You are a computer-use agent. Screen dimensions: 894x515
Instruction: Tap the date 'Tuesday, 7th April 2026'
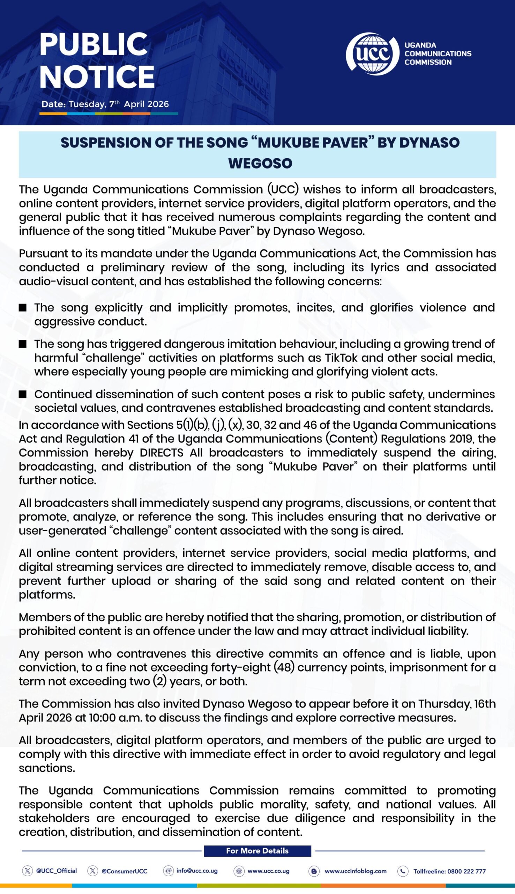119,104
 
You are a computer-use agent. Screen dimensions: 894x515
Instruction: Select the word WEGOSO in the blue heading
260,163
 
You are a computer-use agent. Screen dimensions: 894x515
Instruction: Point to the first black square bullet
23,308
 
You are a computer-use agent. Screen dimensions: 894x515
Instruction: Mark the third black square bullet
23,394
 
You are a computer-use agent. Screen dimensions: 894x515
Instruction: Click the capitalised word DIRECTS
161,453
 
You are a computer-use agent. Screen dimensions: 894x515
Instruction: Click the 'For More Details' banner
257,850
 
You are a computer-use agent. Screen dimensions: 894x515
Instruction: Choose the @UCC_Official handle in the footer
56,871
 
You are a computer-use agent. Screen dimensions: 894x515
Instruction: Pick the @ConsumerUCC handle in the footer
124,871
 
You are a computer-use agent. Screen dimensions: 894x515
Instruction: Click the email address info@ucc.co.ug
197,871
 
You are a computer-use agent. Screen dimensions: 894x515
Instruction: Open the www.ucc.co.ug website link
268,871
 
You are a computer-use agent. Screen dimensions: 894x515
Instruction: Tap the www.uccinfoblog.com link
355,871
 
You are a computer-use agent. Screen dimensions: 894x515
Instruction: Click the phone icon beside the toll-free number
403,871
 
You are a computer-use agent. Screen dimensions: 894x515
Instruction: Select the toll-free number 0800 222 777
466,871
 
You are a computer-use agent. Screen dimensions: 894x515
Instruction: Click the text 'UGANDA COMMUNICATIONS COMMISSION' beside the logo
438,54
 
